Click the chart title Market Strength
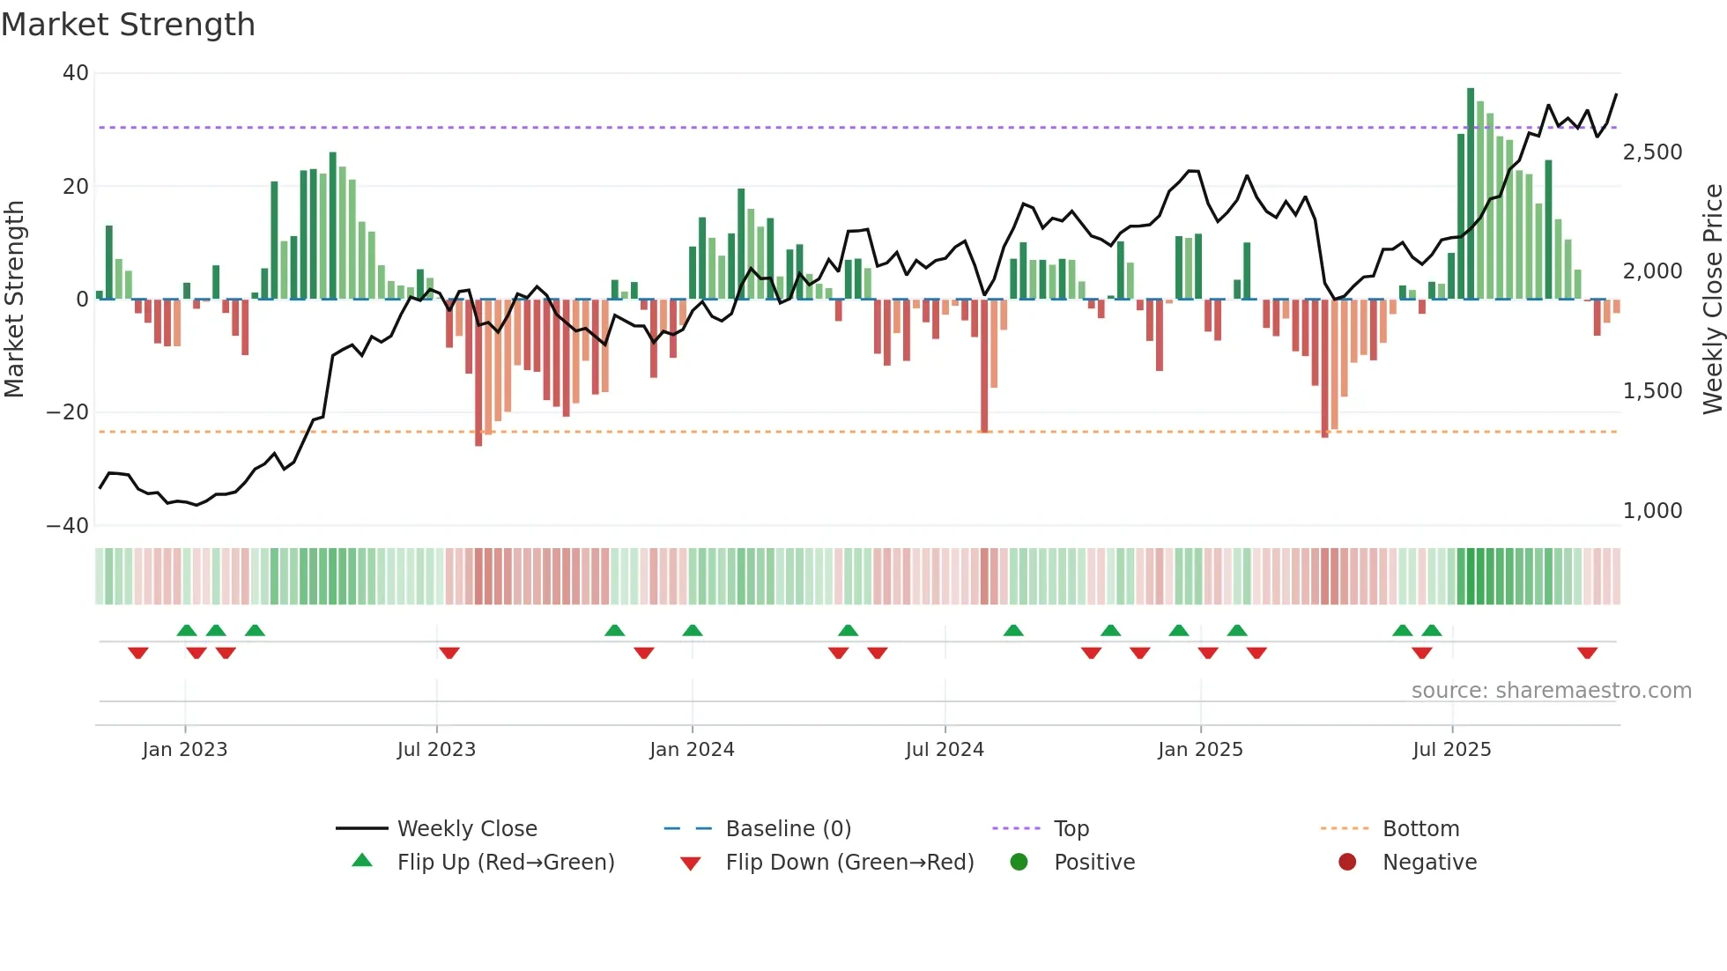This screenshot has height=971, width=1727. pyautogui.click(x=128, y=25)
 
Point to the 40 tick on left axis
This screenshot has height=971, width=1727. pyautogui.click(x=76, y=73)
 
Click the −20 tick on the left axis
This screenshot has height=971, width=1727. pyautogui.click(x=68, y=412)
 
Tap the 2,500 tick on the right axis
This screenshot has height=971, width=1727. pyautogui.click(x=1652, y=152)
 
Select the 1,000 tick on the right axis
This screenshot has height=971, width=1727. pyautogui.click(x=1652, y=511)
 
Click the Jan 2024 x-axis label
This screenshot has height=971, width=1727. pyautogui.click(x=692, y=750)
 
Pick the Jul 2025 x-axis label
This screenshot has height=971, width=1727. pyautogui.click(x=1451, y=750)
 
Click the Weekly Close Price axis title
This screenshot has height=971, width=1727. pyautogui.click(x=1712, y=300)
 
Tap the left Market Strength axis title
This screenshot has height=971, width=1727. pyautogui.click(x=14, y=300)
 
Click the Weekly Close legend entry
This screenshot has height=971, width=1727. pyautogui.click(x=467, y=829)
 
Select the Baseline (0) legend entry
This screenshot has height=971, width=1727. pyautogui.click(x=788, y=829)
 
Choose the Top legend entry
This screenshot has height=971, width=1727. pyautogui.click(x=1071, y=829)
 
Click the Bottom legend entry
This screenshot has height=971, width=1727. pyautogui.click(x=1420, y=829)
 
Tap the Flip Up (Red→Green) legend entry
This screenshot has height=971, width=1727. pyautogui.click(x=505, y=863)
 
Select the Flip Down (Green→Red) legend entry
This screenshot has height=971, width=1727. pyautogui.click(x=849, y=863)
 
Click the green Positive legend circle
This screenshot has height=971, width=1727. pyautogui.click(x=1019, y=863)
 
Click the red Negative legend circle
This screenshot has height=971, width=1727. pyautogui.click(x=1347, y=863)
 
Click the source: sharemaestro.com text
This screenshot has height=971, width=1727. pyautogui.click(x=1551, y=691)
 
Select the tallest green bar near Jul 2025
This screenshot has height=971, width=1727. pyautogui.click(x=1471, y=194)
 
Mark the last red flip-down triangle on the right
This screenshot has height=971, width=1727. pyautogui.click(x=1588, y=653)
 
